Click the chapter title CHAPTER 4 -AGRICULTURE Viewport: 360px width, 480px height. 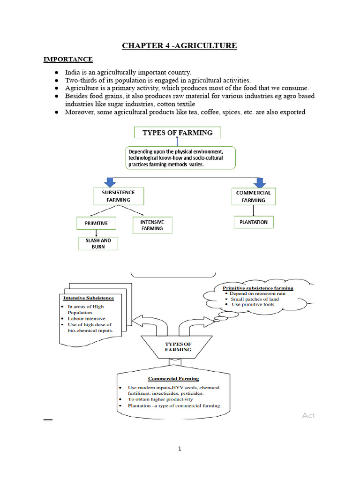click(180, 45)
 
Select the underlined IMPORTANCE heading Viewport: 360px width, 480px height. click(68, 60)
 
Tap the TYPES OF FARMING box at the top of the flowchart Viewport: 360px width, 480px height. click(178, 133)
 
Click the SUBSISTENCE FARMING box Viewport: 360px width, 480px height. click(118, 196)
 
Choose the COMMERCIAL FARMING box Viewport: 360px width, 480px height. click(253, 196)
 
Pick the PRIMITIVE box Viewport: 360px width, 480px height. click(96, 223)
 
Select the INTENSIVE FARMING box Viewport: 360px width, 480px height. click(152, 225)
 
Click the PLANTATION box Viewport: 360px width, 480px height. click(253, 222)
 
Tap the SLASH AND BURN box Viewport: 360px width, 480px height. click(98, 243)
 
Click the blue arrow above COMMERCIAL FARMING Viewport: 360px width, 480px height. click(259, 181)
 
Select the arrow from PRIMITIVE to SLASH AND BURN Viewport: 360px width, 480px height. click(97, 233)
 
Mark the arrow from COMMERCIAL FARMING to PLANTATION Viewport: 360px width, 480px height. click(253, 210)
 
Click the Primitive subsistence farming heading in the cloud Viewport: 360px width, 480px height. click(258, 288)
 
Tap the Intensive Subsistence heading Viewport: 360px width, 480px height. click(88, 297)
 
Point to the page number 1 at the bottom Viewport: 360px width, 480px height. click(180, 449)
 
